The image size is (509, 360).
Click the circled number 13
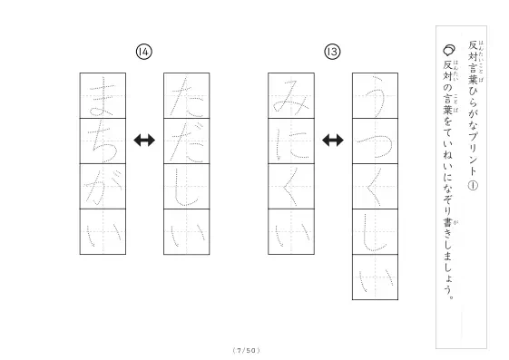pyautogui.click(x=332, y=52)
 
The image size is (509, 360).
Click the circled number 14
pyautogui.click(x=143, y=52)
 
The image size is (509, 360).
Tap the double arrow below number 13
pyautogui.click(x=333, y=141)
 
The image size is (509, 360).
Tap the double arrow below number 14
pyautogui.click(x=144, y=141)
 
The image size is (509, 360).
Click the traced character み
pyautogui.click(x=291, y=97)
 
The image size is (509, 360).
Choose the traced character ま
pyautogui.click(x=102, y=96)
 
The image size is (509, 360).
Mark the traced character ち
pyautogui.click(x=103, y=142)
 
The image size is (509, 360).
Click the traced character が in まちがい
pyautogui.click(x=103, y=187)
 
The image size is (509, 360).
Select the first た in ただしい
pyautogui.click(x=186, y=96)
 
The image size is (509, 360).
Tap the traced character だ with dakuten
pyautogui.click(x=186, y=142)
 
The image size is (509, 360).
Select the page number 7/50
pyautogui.click(x=247, y=350)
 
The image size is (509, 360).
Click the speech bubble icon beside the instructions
pyautogui.click(x=449, y=50)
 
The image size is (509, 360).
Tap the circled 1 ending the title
pyautogui.click(x=473, y=186)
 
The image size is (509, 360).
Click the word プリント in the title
pyautogui.click(x=473, y=151)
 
